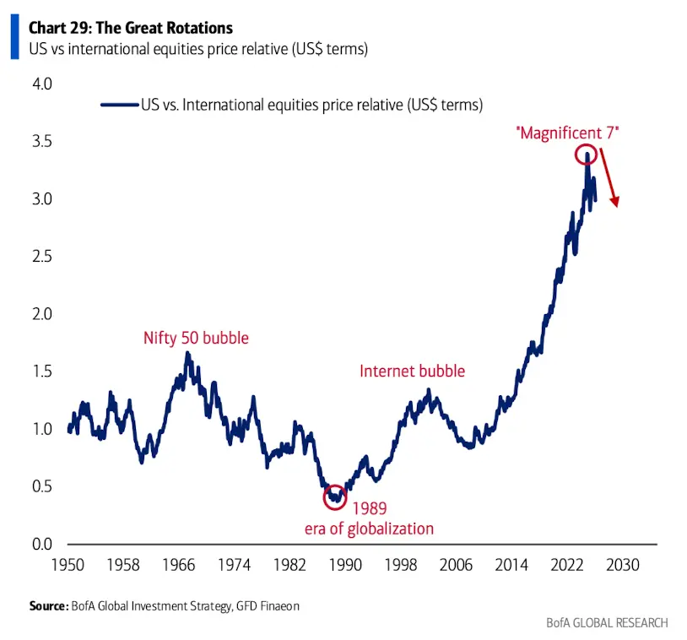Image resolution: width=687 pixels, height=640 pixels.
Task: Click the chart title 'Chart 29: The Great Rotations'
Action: [131, 29]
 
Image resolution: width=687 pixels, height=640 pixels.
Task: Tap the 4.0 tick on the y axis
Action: [41, 84]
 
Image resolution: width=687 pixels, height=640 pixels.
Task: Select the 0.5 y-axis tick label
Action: [41, 486]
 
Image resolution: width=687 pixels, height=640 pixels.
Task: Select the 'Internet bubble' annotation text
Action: [412, 371]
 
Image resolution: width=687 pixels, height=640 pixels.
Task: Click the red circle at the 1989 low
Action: [335, 497]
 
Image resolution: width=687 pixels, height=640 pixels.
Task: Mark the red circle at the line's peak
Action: [587, 155]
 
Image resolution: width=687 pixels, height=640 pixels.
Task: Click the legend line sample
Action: [119, 105]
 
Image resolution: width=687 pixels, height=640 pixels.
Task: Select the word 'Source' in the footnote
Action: [47, 606]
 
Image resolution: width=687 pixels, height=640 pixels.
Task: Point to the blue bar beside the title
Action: [14, 39]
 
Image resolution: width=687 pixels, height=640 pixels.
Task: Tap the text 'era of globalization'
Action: [369, 529]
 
